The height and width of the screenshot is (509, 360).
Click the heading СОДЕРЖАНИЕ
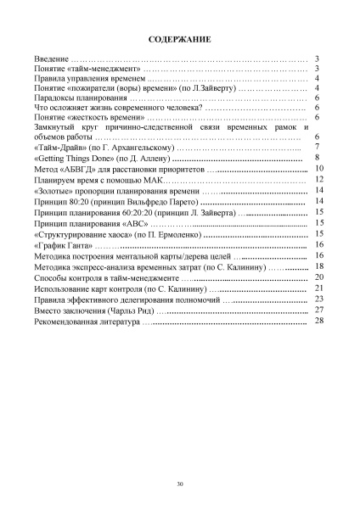coord(179,39)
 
